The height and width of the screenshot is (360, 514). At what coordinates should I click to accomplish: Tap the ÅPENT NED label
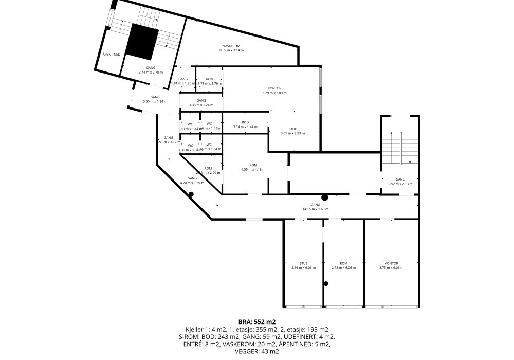tap(111, 54)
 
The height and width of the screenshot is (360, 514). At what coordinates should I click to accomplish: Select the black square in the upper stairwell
tap(142, 42)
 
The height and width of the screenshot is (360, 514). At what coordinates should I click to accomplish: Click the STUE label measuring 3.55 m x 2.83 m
tap(292, 131)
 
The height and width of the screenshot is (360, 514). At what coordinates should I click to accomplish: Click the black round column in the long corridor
tap(325, 197)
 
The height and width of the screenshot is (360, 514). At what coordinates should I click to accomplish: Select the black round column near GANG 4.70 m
tap(191, 194)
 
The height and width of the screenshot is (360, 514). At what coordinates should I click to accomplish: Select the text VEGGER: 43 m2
tap(256, 351)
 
